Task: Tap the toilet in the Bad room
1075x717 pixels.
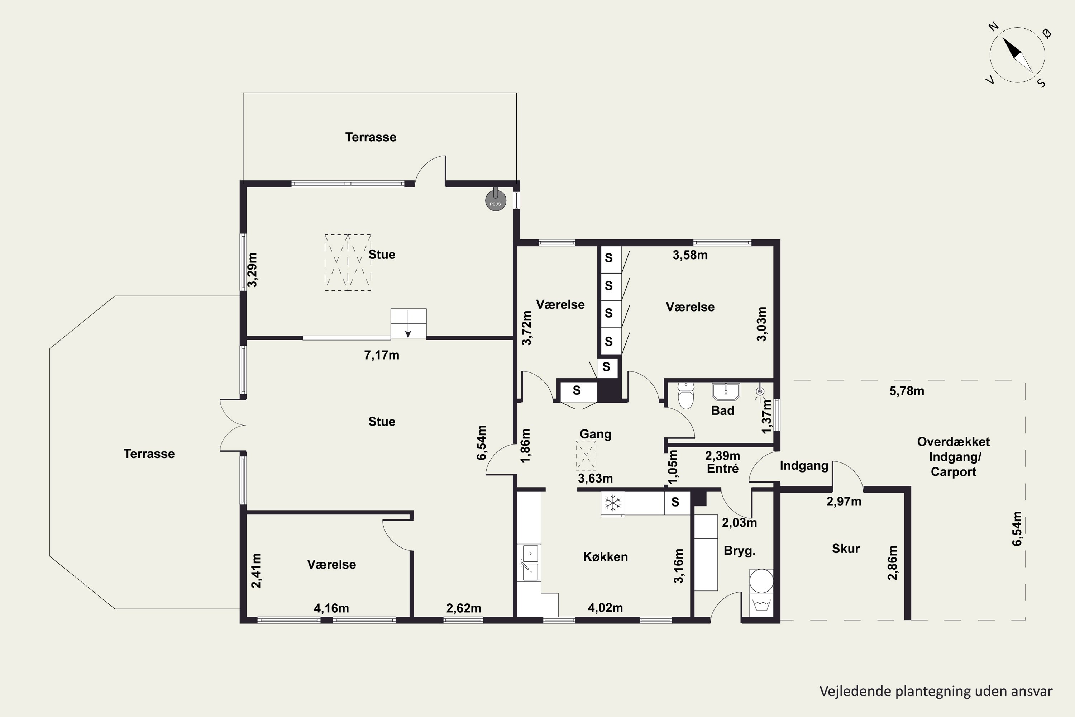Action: pyautogui.click(x=685, y=395)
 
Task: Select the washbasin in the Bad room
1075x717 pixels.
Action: pyautogui.click(x=725, y=391)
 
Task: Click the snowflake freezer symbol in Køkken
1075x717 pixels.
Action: pyautogui.click(x=613, y=503)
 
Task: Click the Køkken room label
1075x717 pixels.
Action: pyautogui.click(x=605, y=556)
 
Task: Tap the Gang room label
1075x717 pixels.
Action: pyautogui.click(x=595, y=434)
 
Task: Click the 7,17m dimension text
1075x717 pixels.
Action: pyautogui.click(x=382, y=355)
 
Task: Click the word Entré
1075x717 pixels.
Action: pyautogui.click(x=723, y=468)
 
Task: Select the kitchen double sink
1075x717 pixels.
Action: pyautogui.click(x=530, y=563)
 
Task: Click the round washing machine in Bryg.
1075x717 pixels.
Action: pyautogui.click(x=761, y=581)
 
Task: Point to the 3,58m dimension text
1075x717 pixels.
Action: pyautogui.click(x=690, y=255)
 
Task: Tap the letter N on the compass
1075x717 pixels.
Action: pyautogui.click(x=994, y=27)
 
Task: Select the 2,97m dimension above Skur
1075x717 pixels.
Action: pyautogui.click(x=844, y=502)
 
